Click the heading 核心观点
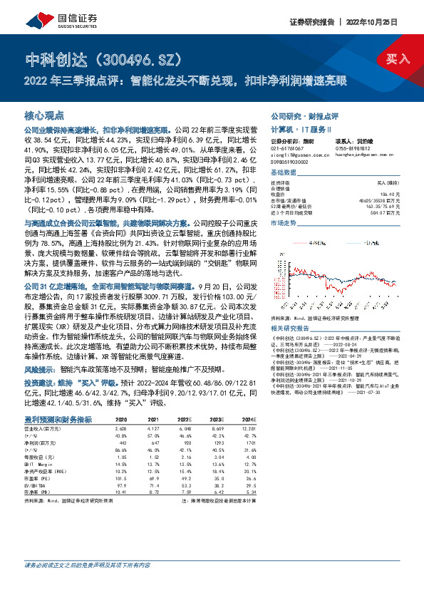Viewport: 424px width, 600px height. point(45,115)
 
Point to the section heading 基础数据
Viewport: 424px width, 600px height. point(283,174)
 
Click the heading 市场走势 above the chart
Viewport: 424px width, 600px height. point(283,224)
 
